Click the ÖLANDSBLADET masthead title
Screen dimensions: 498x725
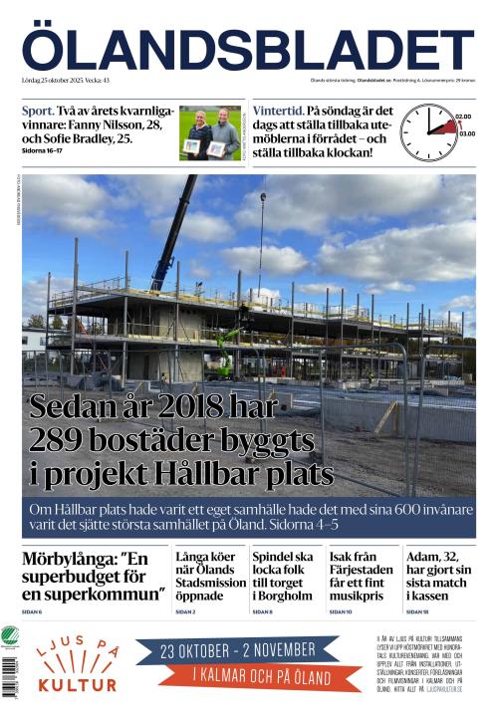tap(248, 49)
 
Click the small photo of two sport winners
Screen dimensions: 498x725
tap(210, 133)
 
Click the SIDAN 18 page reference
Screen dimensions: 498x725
tap(417, 611)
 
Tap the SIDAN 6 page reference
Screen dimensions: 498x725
tap(32, 611)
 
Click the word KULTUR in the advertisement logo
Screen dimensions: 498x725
tap(77, 685)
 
